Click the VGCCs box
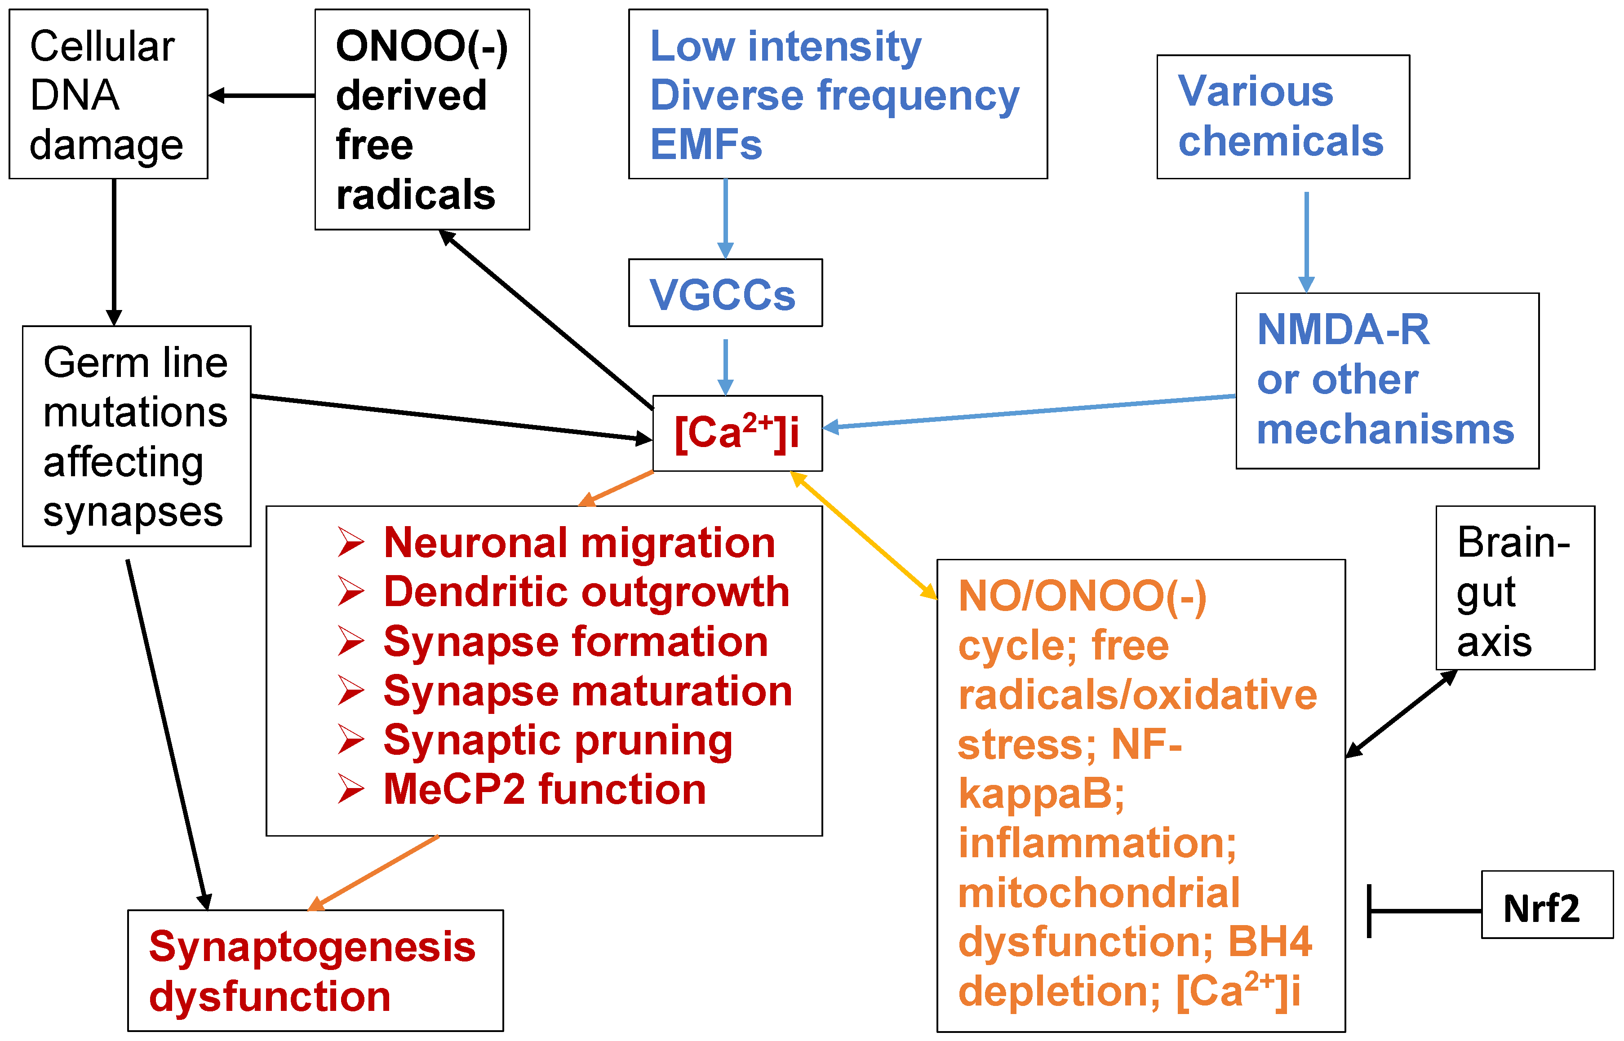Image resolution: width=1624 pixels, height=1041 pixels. coord(725,292)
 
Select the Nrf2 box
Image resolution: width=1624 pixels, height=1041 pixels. coord(1547,904)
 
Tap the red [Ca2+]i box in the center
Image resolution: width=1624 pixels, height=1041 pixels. coord(737,433)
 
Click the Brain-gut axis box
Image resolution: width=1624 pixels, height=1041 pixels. coord(1515,588)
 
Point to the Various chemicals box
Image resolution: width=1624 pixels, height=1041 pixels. coord(1283,117)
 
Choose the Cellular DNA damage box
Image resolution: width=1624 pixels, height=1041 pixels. coord(108,94)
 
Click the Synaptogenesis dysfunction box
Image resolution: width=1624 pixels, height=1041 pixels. coord(316,971)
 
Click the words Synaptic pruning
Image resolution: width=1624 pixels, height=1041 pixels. coord(558,741)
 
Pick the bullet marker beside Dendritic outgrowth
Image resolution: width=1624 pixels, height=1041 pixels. coord(351,592)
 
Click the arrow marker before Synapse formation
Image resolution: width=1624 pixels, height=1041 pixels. coord(351,642)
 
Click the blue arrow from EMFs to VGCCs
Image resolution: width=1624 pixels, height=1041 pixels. coord(725,218)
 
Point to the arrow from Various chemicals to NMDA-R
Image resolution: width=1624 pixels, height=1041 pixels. coord(1306,242)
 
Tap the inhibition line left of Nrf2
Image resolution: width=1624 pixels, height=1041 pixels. coord(1424,911)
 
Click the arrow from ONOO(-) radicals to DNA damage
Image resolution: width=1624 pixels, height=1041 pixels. coord(262,95)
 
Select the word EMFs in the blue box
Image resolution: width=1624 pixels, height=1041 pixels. coord(706,145)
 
